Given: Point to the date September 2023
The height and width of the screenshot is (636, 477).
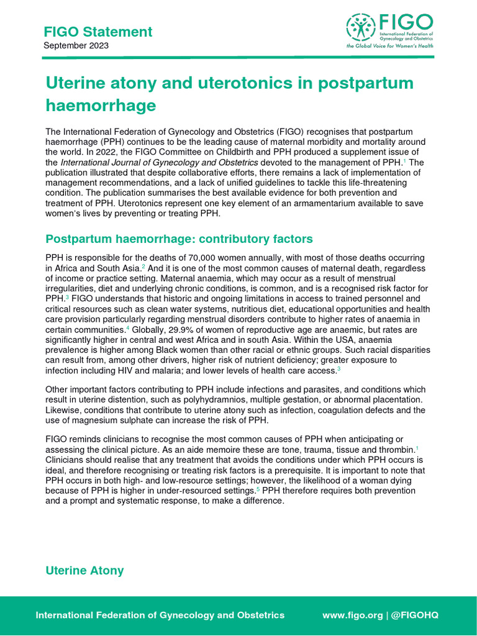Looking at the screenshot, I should [76, 46].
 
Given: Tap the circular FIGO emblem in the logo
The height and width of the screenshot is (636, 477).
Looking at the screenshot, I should [358, 27].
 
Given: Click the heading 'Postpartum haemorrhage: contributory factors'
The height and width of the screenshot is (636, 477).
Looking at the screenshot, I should [179, 239].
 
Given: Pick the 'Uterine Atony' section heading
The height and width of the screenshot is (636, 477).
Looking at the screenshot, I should [84, 570].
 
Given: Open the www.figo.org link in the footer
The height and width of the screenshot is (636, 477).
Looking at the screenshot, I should [352, 615].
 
